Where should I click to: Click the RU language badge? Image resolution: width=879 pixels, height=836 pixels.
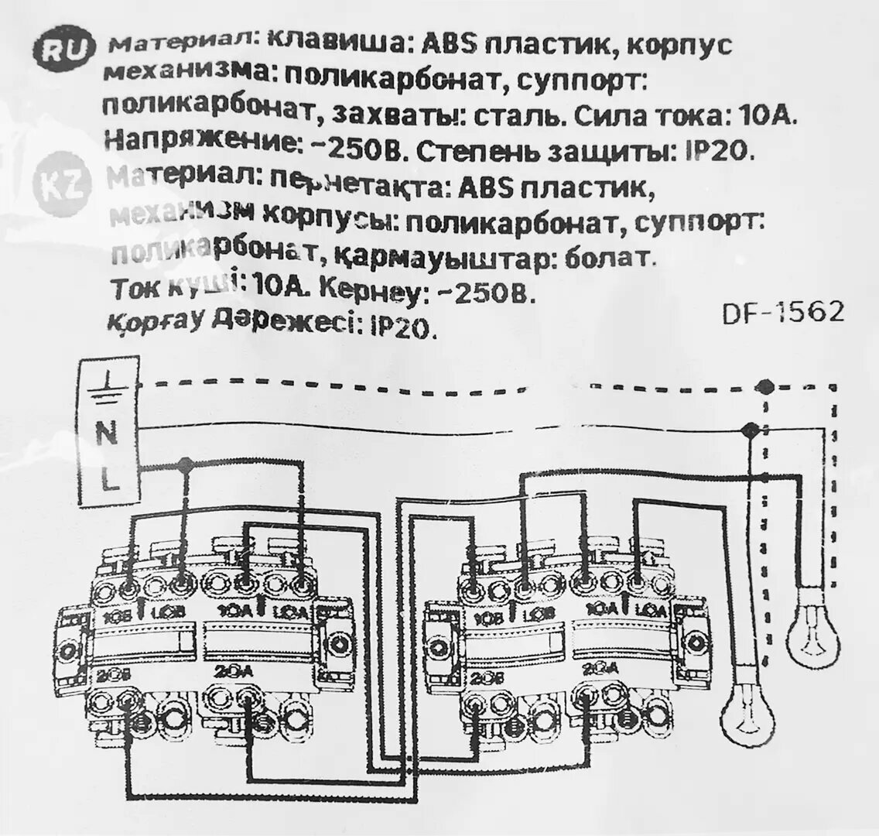62,50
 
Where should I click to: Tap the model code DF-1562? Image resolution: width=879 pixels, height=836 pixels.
782,313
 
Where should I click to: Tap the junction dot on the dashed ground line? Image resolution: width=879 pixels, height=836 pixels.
765,385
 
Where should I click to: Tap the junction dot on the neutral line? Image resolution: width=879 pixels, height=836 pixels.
749,430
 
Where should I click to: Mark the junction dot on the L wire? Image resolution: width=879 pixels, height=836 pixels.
184,464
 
